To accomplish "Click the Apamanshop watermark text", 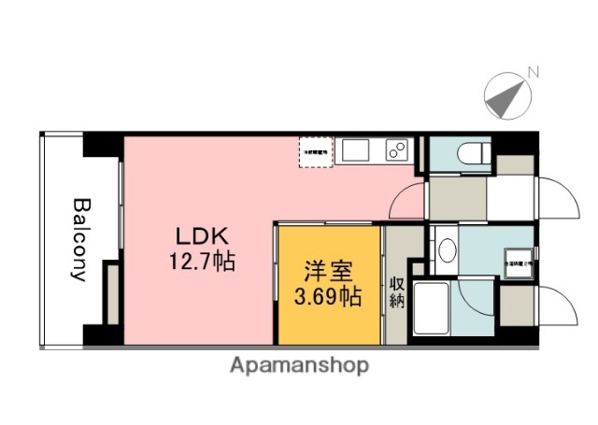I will [299, 364].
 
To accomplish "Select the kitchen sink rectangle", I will [356, 150].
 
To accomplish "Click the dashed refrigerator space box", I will [315, 152].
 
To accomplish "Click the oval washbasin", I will [448, 250].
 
